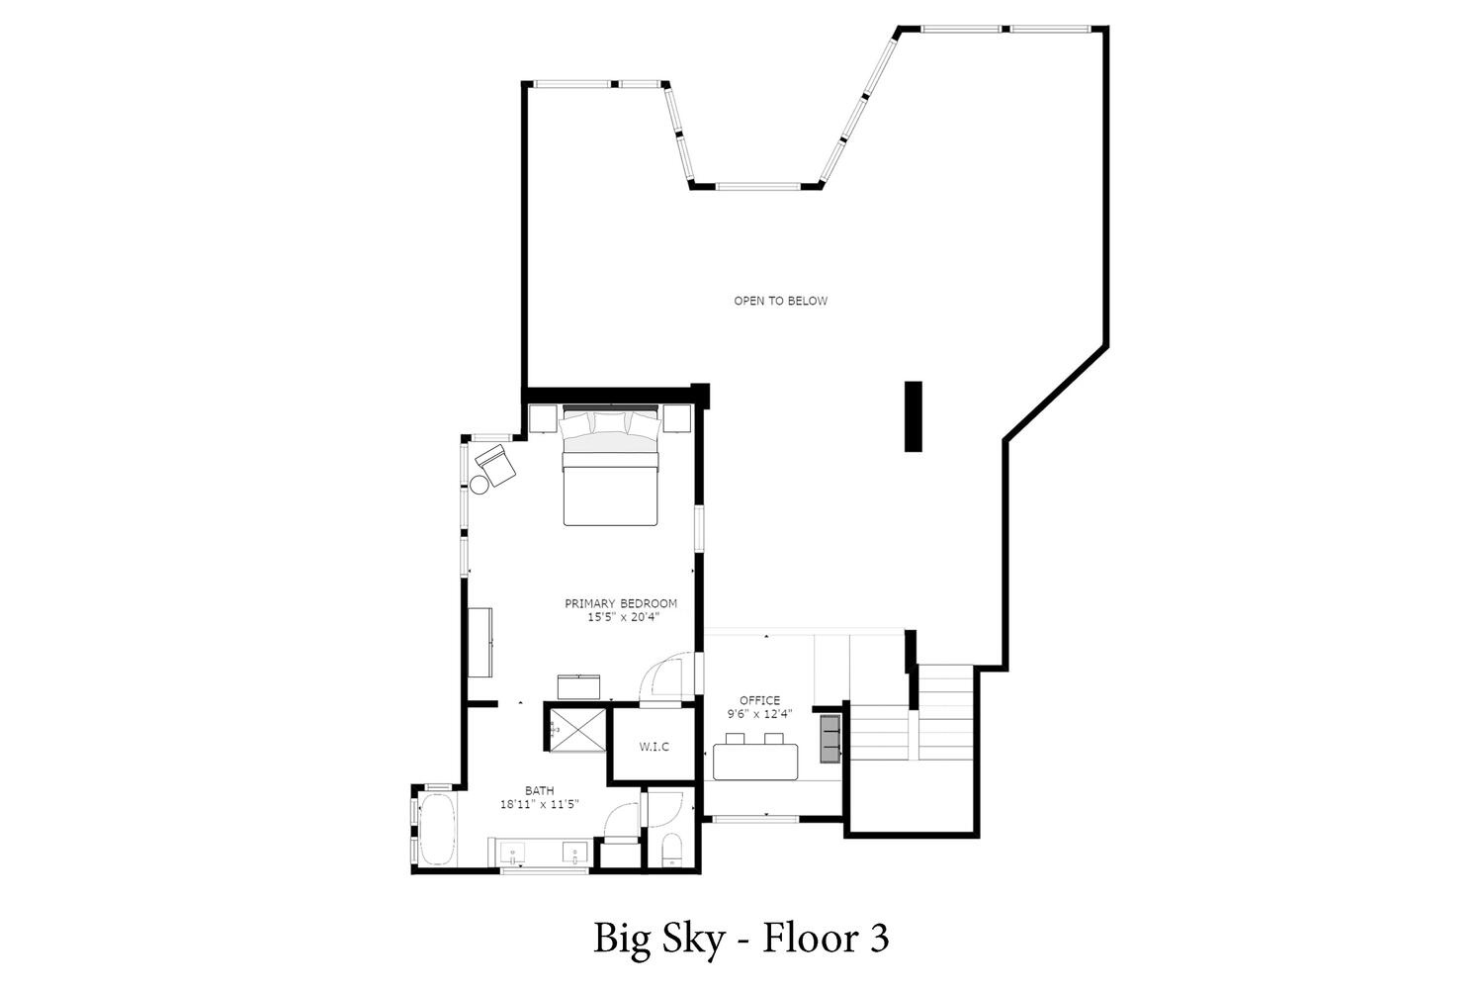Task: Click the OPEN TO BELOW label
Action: (x=781, y=301)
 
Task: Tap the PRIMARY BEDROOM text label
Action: (x=621, y=603)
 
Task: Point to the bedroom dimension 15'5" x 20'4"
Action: (x=624, y=617)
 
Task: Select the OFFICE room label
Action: (x=760, y=700)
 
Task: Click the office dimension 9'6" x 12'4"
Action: (x=760, y=714)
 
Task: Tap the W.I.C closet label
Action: (x=654, y=747)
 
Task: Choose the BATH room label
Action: (x=540, y=790)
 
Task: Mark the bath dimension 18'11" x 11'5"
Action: (x=540, y=804)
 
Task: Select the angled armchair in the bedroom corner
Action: (x=496, y=464)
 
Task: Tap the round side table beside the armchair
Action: (x=480, y=485)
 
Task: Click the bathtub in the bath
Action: (x=437, y=829)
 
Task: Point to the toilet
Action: (x=672, y=850)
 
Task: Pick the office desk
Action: (x=755, y=762)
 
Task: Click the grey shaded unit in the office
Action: (x=830, y=739)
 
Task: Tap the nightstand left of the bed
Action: (x=543, y=418)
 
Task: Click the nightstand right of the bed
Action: (x=677, y=418)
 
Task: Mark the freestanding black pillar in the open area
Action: (x=914, y=416)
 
